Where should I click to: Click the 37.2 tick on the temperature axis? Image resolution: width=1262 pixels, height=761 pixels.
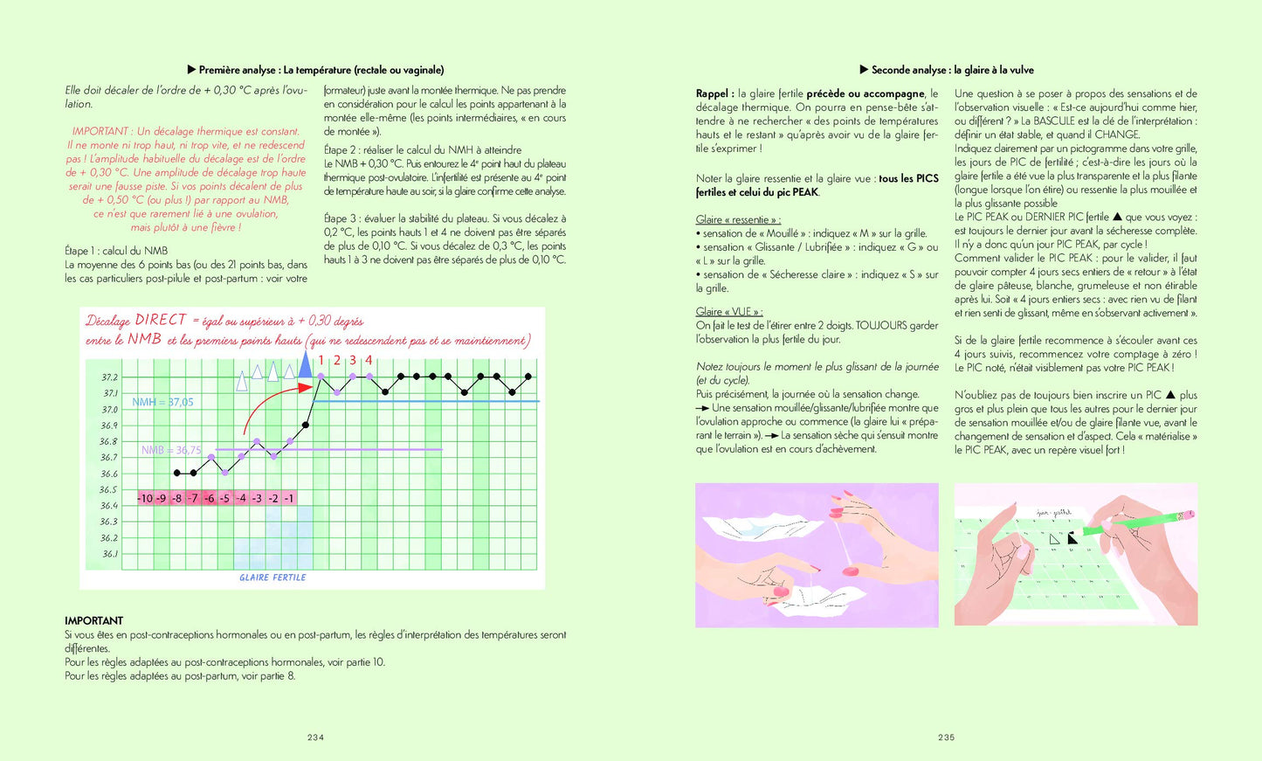pyautogui.click(x=110, y=377)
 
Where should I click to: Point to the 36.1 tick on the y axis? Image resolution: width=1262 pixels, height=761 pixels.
pyautogui.click(x=110, y=554)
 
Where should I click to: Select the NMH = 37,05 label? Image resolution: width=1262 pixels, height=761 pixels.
pyautogui.click(x=162, y=402)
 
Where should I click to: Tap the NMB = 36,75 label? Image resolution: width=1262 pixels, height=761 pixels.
pyautogui.click(x=171, y=450)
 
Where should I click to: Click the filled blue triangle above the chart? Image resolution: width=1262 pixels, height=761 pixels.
pyautogui.click(x=305, y=366)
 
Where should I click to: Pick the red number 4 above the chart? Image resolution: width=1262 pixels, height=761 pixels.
pyautogui.click(x=369, y=360)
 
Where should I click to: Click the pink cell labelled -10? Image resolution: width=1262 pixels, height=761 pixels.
pyautogui.click(x=145, y=498)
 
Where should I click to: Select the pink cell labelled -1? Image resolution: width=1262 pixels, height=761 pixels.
pyautogui.click(x=288, y=498)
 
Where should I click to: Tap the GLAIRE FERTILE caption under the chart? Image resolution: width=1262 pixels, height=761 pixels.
pyautogui.click(x=272, y=578)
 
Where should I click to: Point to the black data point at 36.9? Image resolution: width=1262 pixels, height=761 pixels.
pyautogui.click(x=306, y=425)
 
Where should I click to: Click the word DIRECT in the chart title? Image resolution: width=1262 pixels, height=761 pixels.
pyautogui.click(x=161, y=320)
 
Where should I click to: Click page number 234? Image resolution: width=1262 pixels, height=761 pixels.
pyautogui.click(x=315, y=737)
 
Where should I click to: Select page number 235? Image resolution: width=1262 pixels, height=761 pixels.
pyautogui.click(x=947, y=737)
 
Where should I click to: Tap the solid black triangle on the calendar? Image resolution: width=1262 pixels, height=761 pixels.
pyautogui.click(x=1072, y=539)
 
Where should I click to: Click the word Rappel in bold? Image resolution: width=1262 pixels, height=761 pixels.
pyautogui.click(x=714, y=93)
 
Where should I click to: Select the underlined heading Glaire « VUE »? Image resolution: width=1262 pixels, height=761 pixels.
pyautogui.click(x=729, y=312)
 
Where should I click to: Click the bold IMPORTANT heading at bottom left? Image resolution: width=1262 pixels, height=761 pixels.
pyautogui.click(x=94, y=620)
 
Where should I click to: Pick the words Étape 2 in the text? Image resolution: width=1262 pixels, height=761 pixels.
pyautogui.click(x=340, y=149)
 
